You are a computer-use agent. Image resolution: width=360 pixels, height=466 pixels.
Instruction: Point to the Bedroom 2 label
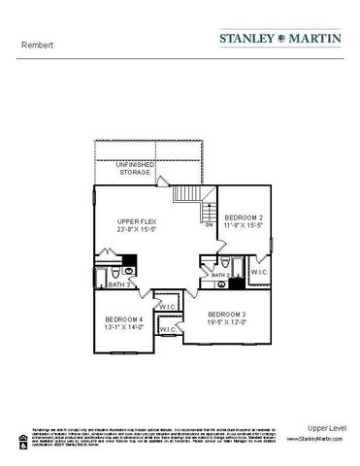(245, 216)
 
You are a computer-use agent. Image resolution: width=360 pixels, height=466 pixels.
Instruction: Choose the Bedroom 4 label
(124, 320)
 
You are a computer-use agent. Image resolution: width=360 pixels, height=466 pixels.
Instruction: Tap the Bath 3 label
(118, 284)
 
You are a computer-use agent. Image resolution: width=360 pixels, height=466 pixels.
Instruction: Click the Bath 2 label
(221, 276)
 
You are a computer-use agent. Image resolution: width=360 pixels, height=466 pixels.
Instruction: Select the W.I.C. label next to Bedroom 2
(259, 273)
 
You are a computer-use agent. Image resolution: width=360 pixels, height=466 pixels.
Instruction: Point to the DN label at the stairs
(209, 224)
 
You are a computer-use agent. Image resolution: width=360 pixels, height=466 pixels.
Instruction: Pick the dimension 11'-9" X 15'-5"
(245, 225)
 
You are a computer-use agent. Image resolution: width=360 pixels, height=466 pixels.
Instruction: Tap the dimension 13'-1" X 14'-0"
(124, 328)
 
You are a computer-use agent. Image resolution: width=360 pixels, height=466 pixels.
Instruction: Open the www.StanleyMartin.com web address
(314, 440)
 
